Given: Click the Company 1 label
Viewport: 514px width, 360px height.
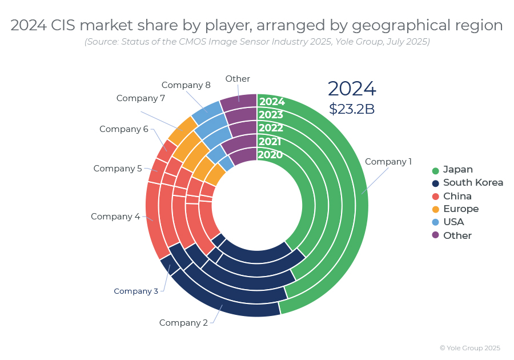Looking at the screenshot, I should coord(388,162).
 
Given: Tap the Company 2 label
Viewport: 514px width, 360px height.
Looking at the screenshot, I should coord(183,323).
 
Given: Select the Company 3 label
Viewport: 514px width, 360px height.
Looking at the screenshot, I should coord(136,291).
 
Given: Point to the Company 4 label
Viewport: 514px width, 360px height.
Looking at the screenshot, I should coord(115,217).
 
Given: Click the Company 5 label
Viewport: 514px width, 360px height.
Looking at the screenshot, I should coord(118,169).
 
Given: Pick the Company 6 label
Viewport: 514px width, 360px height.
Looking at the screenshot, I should coord(123,129).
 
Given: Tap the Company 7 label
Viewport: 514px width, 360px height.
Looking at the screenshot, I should coord(140,98).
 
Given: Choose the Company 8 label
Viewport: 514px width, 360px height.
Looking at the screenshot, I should coord(186,85).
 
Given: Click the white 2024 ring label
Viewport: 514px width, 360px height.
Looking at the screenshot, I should coord(271,102).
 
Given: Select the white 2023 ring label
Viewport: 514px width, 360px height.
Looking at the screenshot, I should coord(271,115).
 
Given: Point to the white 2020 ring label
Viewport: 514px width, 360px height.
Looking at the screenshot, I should coord(270,155).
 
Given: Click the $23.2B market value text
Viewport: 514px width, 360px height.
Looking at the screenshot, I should coord(352,109).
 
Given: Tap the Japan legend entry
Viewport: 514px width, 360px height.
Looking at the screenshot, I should coord(457,170).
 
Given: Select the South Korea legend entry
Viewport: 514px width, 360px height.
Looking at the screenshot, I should coord(473,183).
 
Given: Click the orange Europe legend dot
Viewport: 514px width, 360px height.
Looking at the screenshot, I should coord(436,209).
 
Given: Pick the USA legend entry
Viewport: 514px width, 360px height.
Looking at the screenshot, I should coord(453,222).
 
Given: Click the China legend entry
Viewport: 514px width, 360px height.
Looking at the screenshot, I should coord(457,196).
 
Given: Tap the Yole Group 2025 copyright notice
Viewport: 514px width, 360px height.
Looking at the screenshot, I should coord(469,348).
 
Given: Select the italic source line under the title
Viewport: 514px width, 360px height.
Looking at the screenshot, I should coord(257,42).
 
